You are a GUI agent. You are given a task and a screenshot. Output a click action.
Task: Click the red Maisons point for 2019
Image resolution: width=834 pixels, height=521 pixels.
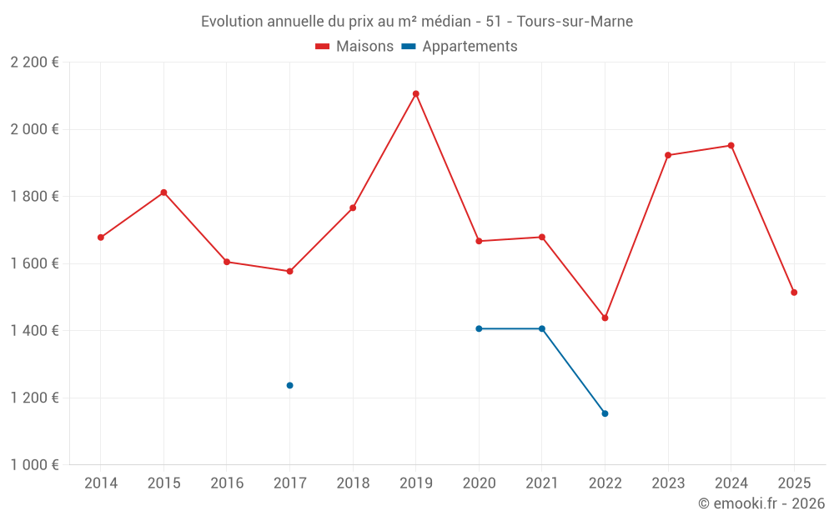(x=415, y=94)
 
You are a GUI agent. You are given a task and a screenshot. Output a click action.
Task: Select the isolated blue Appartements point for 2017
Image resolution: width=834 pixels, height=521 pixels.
(x=289, y=385)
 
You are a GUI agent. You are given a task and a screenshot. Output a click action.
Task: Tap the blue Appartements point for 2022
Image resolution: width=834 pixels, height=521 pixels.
(x=605, y=413)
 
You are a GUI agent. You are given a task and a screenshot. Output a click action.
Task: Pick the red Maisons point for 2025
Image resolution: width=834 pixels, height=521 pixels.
(x=794, y=293)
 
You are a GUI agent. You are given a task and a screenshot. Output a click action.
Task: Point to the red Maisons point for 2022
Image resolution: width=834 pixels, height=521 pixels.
(x=605, y=318)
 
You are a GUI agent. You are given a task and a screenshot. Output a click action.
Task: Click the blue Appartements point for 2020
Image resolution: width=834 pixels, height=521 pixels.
(x=479, y=328)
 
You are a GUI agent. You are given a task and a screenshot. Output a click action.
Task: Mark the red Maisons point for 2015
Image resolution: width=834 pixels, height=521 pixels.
(x=163, y=193)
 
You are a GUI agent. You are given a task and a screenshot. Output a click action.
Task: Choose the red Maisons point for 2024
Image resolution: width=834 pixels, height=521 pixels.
(x=731, y=145)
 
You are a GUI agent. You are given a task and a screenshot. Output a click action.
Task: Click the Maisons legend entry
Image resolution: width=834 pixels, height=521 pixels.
(x=354, y=47)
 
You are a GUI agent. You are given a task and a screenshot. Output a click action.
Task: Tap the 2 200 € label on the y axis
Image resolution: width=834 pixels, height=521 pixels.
(x=34, y=63)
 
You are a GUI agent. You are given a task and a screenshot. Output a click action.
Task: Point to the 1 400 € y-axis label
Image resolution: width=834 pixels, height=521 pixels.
(x=34, y=331)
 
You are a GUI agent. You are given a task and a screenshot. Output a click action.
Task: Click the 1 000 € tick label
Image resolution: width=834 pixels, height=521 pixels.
(x=34, y=465)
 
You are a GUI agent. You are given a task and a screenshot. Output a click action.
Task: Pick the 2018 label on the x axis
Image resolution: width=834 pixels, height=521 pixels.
(x=353, y=483)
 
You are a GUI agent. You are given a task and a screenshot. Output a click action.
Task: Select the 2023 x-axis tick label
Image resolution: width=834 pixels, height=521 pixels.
(x=668, y=483)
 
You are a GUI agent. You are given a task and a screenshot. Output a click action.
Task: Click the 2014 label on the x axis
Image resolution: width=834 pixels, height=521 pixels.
(x=101, y=483)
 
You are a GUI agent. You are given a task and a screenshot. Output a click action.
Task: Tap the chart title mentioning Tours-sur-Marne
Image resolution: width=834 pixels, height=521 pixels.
(x=417, y=22)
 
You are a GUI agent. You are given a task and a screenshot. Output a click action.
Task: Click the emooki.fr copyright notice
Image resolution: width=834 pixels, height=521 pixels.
(x=761, y=503)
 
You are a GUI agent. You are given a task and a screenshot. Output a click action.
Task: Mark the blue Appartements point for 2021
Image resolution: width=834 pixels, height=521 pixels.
(x=542, y=328)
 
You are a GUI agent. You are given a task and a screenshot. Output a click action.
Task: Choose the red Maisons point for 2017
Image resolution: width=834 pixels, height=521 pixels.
(x=289, y=271)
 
